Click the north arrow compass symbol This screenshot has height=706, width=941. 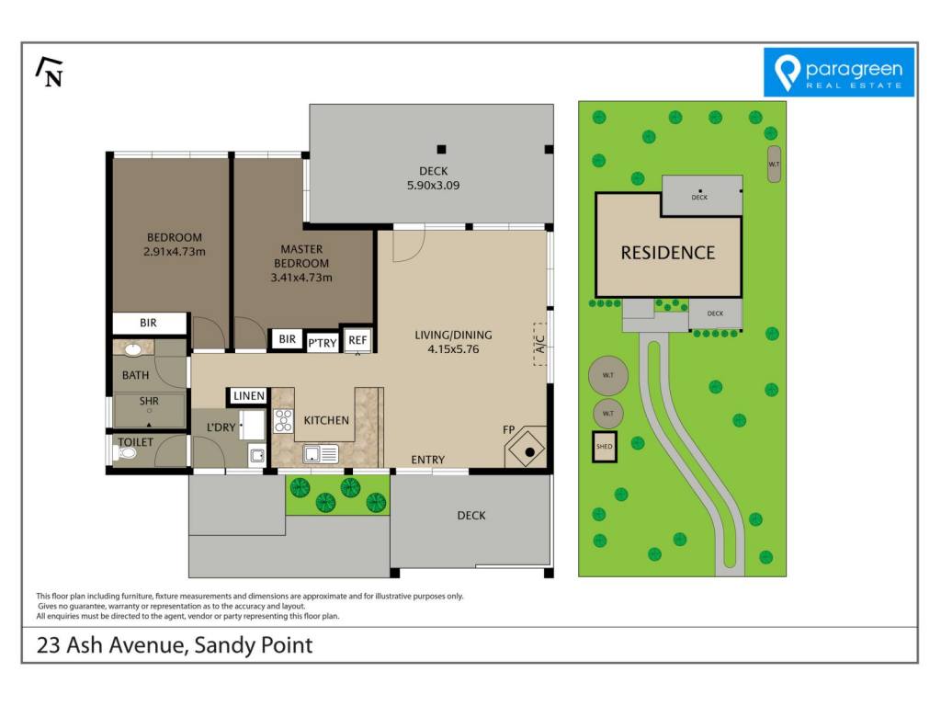click(x=50, y=72)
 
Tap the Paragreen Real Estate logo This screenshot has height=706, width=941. click(x=838, y=72)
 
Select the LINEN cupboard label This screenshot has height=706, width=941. click(x=248, y=395)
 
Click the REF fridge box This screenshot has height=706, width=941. click(x=357, y=340)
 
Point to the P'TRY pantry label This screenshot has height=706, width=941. click(x=323, y=343)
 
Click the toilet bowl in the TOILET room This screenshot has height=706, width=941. click(x=124, y=452)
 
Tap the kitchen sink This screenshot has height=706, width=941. click(x=321, y=454)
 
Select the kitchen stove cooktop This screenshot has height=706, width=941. click(x=283, y=420)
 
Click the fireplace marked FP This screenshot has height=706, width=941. click(x=527, y=448)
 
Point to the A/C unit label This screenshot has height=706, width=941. click(x=539, y=344)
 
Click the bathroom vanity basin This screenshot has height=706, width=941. click(x=132, y=348)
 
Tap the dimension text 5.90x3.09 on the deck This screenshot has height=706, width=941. click(x=434, y=186)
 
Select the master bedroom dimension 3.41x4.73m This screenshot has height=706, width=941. click(x=301, y=278)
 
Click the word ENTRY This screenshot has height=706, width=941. click(x=428, y=460)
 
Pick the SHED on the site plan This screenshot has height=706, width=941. click(x=605, y=447)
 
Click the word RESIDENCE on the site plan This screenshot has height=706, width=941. click(x=668, y=253)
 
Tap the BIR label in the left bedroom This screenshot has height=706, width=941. click(x=148, y=323)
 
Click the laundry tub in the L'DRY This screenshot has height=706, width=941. click(x=257, y=456)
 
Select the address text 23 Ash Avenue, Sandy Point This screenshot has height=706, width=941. click(x=175, y=645)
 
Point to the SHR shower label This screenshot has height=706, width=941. click(x=149, y=401)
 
